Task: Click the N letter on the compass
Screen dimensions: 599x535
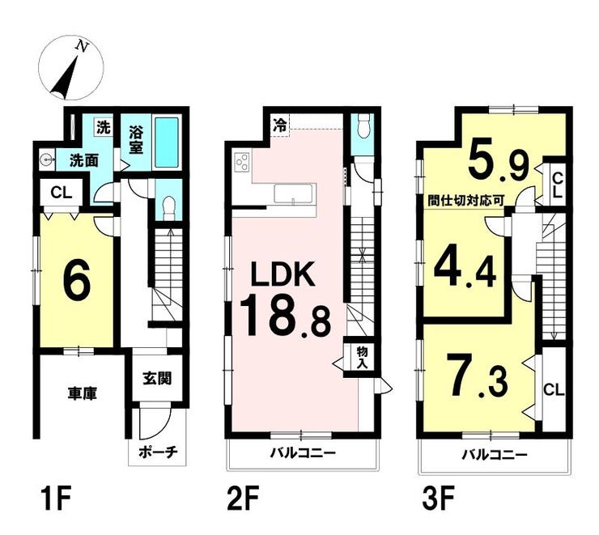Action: point(82,46)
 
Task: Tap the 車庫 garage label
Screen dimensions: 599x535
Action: point(83,393)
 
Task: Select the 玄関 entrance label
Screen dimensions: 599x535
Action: point(157,378)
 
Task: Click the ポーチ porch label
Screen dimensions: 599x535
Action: point(158,452)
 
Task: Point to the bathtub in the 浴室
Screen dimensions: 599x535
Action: point(166,142)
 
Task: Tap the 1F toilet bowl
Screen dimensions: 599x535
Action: point(168,208)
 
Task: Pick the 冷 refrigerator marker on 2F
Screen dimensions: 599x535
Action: point(280,125)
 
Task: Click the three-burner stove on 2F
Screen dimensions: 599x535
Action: point(242,162)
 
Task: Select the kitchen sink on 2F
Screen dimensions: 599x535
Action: point(295,194)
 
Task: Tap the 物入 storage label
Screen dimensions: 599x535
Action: point(362,357)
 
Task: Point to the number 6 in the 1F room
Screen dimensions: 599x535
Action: point(77,280)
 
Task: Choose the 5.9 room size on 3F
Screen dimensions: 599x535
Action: point(498,161)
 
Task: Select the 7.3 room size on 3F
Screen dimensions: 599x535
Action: point(477,376)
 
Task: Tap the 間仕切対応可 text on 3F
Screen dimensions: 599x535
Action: point(466,201)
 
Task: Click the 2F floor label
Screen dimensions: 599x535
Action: point(243,498)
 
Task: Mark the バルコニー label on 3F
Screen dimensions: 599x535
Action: point(495,454)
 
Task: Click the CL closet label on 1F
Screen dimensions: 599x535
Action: point(62,193)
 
